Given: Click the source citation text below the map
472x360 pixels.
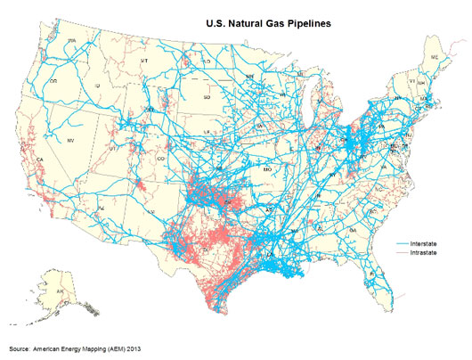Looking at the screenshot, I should (76, 347).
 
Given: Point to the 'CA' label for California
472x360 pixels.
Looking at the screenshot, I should (40, 160).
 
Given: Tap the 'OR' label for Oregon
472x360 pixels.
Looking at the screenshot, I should (53, 81).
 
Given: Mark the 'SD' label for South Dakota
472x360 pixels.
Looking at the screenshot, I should (208, 96).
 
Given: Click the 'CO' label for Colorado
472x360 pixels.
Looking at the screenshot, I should (160, 159).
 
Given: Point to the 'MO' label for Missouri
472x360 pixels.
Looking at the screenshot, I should (267, 168).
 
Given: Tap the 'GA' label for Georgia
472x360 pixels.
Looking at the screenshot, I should (354, 230).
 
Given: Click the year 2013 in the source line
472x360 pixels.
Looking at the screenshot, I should (134, 347).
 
